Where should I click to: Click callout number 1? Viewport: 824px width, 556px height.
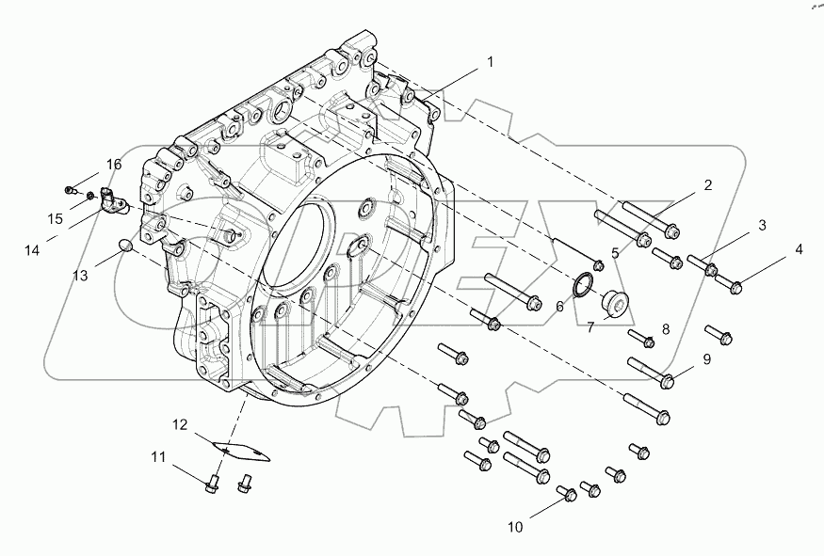pyautogui.click(x=490, y=63)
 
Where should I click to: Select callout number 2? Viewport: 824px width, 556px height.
pyautogui.click(x=707, y=185)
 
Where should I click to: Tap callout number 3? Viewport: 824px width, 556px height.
pyautogui.click(x=763, y=225)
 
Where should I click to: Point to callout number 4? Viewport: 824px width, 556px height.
pyautogui.click(x=799, y=249)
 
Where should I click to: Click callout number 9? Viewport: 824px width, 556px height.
pyautogui.click(x=705, y=358)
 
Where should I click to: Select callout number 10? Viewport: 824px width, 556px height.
pyautogui.click(x=515, y=527)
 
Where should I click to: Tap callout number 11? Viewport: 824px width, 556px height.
pyautogui.click(x=159, y=458)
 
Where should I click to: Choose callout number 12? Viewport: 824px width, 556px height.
pyautogui.click(x=180, y=425)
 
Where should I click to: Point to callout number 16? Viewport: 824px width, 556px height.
pyautogui.click(x=114, y=165)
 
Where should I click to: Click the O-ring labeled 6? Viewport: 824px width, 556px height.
pyautogui.click(x=584, y=283)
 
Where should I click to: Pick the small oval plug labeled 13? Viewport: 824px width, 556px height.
pyautogui.click(x=122, y=246)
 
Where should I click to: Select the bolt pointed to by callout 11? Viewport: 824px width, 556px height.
pyautogui.click(x=212, y=483)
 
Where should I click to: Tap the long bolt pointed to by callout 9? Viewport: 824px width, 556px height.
pyautogui.click(x=650, y=372)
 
